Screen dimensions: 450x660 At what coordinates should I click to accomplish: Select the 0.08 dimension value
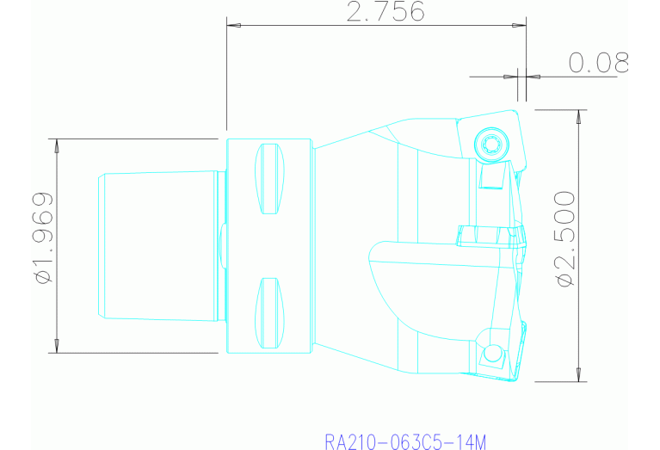click(598, 62)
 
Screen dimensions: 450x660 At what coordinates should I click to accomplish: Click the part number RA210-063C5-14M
click(405, 442)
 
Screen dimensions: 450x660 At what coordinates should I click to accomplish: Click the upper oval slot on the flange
click(270, 178)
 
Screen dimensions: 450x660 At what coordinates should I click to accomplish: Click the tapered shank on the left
click(159, 246)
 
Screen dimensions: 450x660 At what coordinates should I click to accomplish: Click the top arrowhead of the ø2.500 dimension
click(578, 117)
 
